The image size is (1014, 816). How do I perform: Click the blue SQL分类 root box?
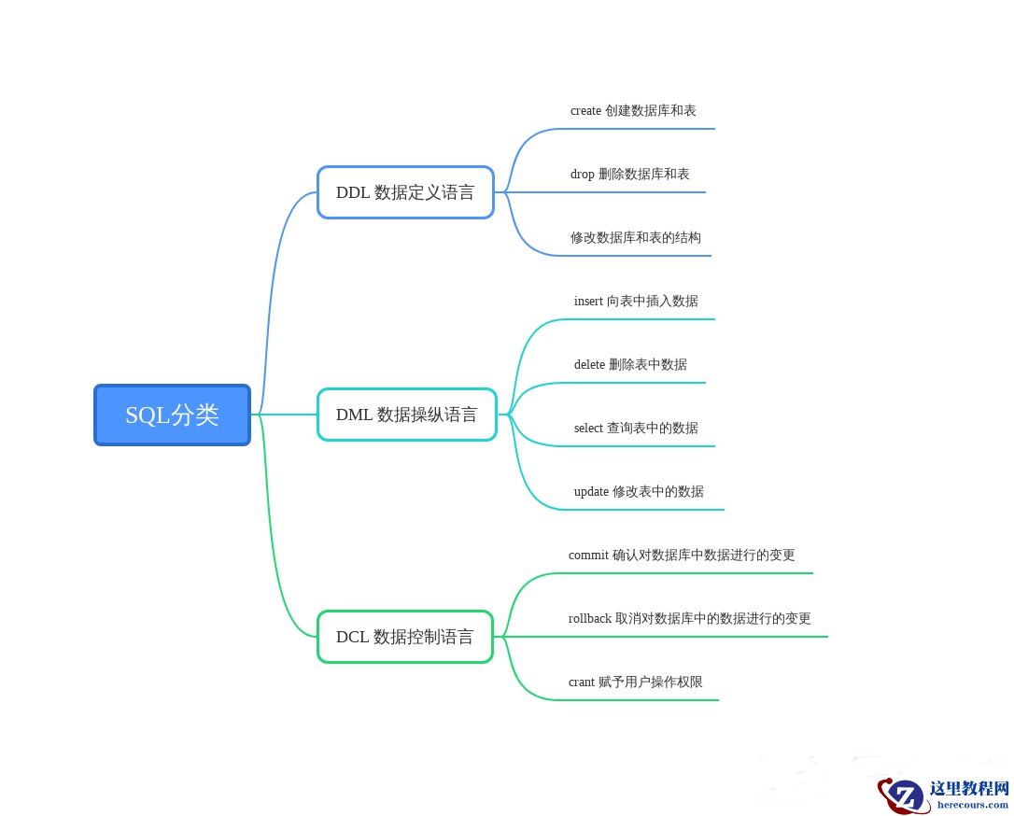(x=172, y=415)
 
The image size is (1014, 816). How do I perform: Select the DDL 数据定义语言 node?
(x=405, y=192)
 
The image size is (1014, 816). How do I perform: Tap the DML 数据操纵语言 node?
(x=406, y=415)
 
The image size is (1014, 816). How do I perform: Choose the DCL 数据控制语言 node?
(x=404, y=637)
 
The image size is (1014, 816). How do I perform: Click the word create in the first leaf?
(x=585, y=111)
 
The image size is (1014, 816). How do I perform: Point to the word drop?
(x=582, y=175)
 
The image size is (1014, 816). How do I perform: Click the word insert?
(x=588, y=302)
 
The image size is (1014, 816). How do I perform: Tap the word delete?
(x=589, y=365)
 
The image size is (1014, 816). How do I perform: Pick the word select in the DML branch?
(x=588, y=429)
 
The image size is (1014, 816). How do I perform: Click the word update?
(x=591, y=492)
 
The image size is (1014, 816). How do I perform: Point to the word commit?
(x=588, y=556)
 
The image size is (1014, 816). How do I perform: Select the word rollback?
(x=589, y=619)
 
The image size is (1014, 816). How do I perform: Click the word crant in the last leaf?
(x=581, y=682)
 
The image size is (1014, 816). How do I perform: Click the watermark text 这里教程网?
(x=969, y=789)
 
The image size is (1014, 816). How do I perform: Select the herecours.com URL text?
(x=972, y=805)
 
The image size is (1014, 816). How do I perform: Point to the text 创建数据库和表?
(x=651, y=111)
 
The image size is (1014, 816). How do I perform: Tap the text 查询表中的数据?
(x=653, y=429)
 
